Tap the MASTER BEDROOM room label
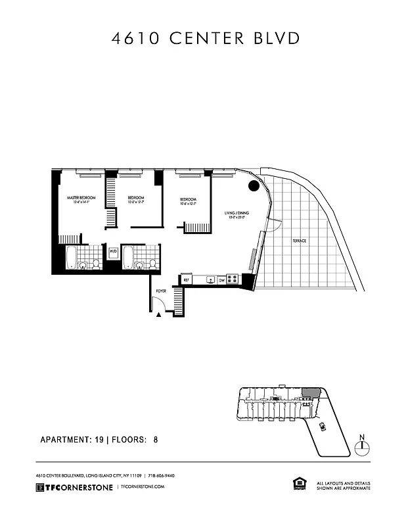tap(82, 199)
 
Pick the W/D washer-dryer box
tap(112, 252)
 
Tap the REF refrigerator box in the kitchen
tap(187, 279)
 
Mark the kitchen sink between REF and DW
tap(210, 279)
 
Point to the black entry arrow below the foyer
tap(159, 315)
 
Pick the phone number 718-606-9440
tap(161, 475)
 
